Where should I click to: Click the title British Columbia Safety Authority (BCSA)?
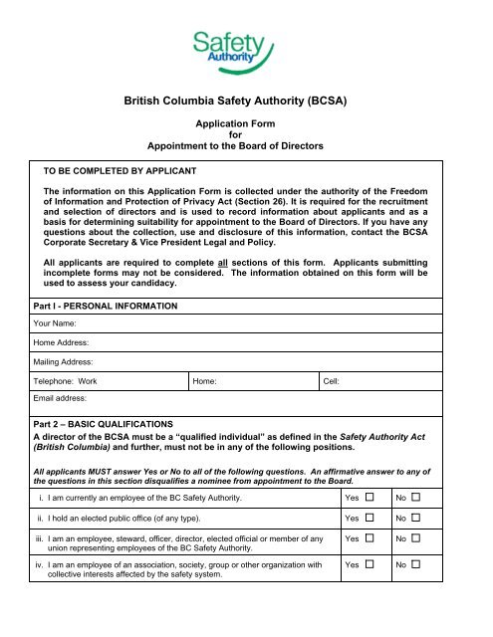point(246,101)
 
